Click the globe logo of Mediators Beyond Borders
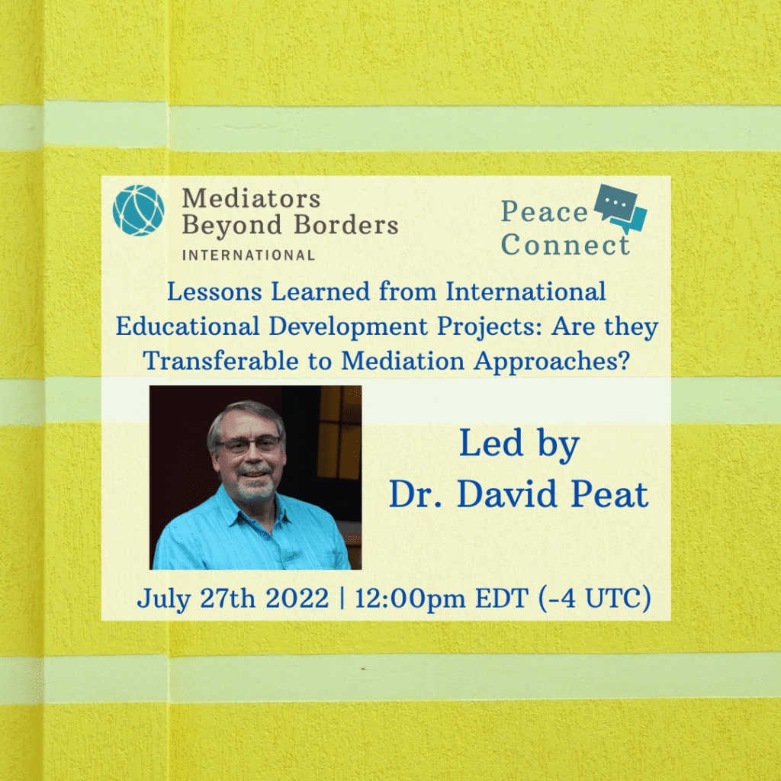[138, 211]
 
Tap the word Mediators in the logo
[251, 198]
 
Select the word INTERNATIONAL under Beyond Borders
[249, 256]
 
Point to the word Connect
[565, 245]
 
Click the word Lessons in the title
[214, 291]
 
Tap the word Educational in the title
[188, 326]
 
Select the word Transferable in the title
[221, 361]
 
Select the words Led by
[519, 443]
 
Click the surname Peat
[609, 494]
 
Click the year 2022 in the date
[297, 598]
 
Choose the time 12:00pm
[410, 599]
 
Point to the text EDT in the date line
[502, 598]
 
